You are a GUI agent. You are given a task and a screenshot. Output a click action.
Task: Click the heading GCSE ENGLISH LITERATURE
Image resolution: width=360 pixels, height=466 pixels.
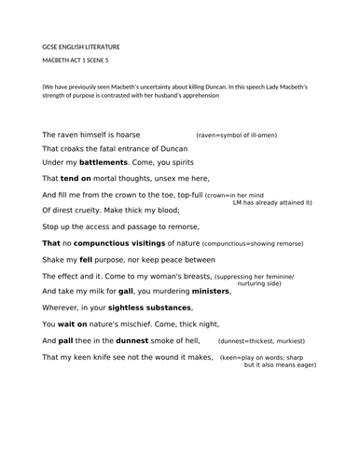point(81,47)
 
